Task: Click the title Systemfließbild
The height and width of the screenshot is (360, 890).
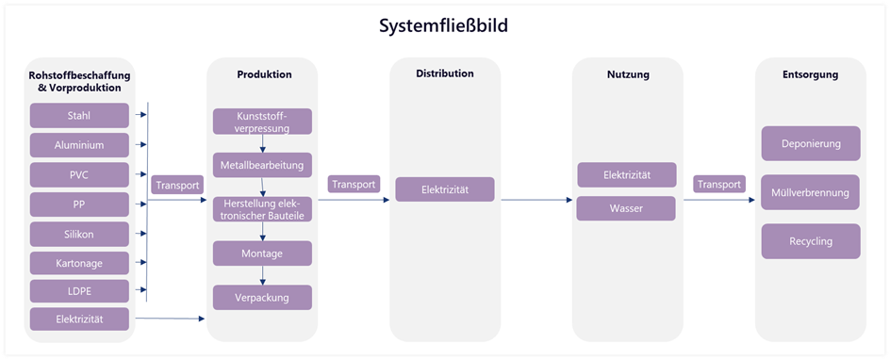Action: coord(444,25)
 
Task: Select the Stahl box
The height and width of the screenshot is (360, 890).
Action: coord(79,116)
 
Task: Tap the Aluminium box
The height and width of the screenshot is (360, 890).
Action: coord(79,145)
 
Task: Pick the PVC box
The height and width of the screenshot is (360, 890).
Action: coord(79,174)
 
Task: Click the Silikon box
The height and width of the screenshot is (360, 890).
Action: coord(79,233)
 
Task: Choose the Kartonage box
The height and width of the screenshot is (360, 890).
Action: coord(79,262)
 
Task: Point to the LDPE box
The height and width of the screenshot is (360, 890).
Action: coord(79,291)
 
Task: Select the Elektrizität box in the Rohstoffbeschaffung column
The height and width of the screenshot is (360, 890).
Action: coord(79,320)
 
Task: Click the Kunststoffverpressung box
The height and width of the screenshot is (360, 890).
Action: coord(262,122)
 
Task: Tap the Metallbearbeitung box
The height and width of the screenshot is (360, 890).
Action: coord(262,165)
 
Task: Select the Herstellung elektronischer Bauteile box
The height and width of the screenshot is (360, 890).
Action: coord(262,208)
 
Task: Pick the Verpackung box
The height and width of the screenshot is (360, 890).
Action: coord(262,298)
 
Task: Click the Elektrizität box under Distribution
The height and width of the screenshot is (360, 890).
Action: coord(444,190)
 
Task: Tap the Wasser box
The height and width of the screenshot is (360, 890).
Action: coord(626,208)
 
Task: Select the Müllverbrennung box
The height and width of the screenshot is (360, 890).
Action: coord(810,192)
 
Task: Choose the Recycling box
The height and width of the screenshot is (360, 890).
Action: coord(810,241)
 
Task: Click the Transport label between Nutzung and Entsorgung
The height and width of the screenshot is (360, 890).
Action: coord(717,185)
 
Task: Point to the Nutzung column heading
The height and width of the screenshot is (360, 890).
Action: coord(627,74)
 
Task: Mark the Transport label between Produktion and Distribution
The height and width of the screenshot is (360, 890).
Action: coord(354,185)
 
